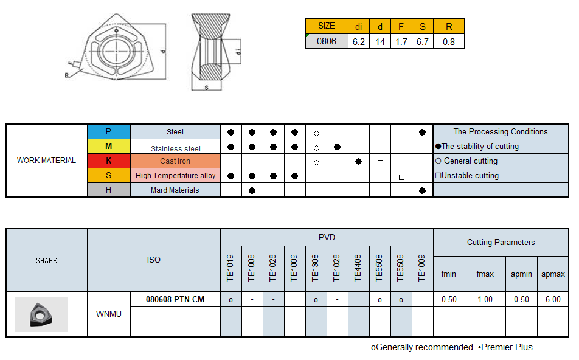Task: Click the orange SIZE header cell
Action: pos(326,26)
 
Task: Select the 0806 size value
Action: pos(326,41)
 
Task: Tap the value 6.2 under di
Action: pos(358,41)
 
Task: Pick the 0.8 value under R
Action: pos(449,41)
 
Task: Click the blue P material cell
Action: pos(108,131)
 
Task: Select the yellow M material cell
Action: pos(108,146)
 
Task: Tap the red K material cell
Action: pos(108,161)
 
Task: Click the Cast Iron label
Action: pos(175,161)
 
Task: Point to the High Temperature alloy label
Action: pos(175,175)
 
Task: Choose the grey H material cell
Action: pos(108,190)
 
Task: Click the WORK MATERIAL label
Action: pos(46,161)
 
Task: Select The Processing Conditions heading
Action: pos(500,131)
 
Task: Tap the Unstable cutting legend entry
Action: pos(467,175)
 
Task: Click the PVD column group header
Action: pos(327,237)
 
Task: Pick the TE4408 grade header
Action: pos(358,268)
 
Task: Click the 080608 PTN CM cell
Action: pos(175,299)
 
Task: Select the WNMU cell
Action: pos(108,314)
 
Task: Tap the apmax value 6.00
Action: pos(553,299)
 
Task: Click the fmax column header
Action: pos(485,274)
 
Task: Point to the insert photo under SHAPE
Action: pos(41,314)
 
